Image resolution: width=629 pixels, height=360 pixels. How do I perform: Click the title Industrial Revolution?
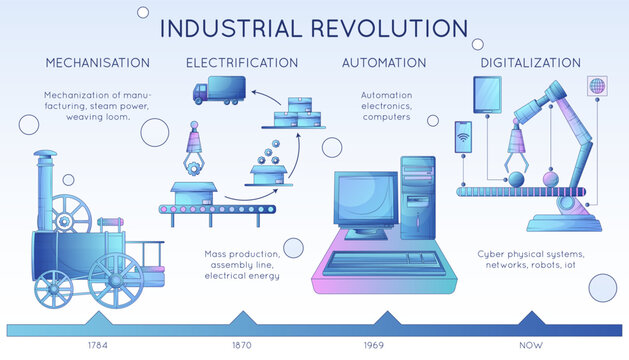pos(314,27)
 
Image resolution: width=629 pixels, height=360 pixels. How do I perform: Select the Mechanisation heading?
pos(98,63)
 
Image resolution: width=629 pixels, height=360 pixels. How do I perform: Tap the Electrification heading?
pos(242,63)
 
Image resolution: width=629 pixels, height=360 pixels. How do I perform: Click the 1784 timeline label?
pos(98,347)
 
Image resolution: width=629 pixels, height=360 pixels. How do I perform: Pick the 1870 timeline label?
pos(242,347)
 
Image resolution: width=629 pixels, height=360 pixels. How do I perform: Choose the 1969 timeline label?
pos(386,347)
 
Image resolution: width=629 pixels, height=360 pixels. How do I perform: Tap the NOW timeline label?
pos(532,347)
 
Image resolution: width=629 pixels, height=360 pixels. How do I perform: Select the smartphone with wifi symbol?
pos(463,139)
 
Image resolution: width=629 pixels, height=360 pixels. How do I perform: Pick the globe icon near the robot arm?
pos(598,85)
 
